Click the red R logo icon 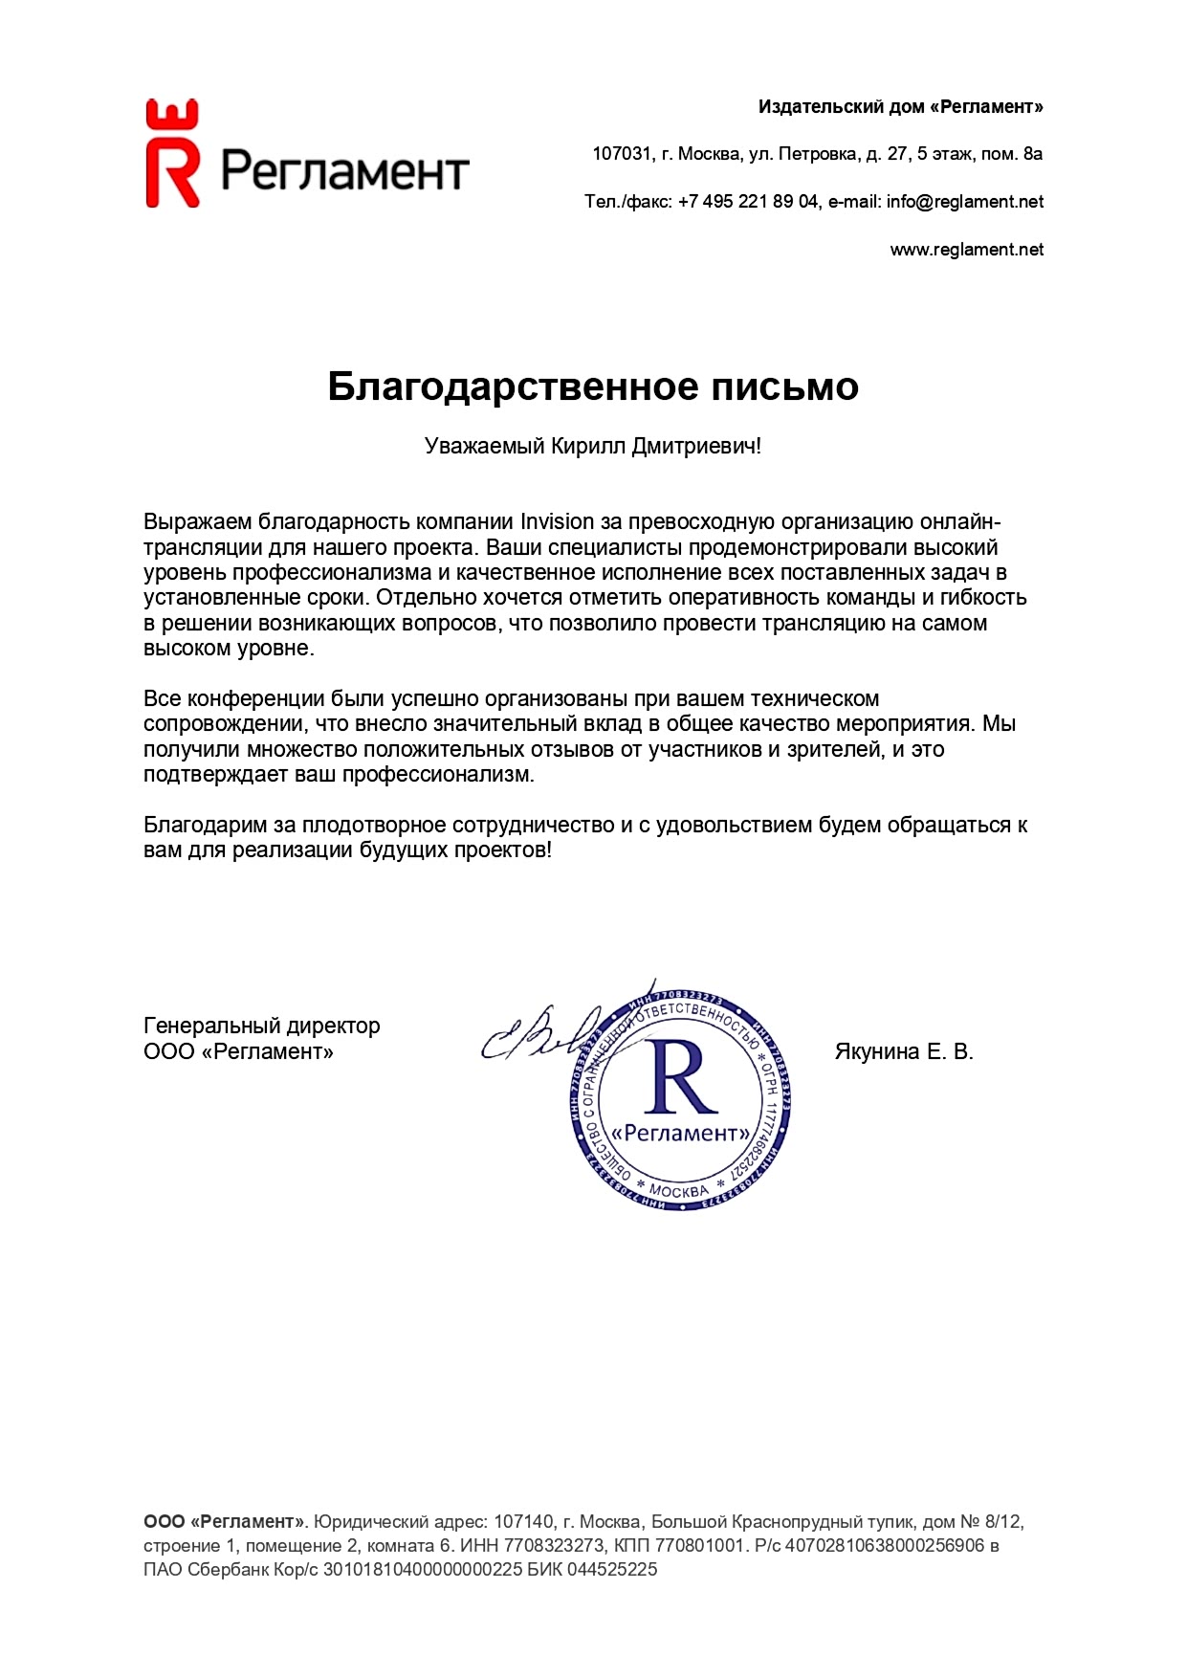172,155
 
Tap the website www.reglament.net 966,250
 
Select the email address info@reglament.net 964,202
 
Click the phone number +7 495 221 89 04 748,202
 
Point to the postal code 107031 622,154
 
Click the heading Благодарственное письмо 593,386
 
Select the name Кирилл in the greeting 584,446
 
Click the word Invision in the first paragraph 557,522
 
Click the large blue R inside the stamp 681,1078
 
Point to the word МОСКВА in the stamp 678,1192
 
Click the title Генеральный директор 261,1027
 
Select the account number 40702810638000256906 885,1546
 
